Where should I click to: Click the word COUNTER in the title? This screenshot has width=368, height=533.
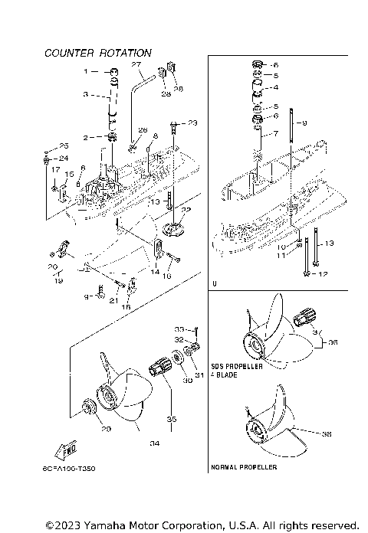click(x=69, y=53)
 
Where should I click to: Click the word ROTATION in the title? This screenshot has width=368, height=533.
click(x=124, y=53)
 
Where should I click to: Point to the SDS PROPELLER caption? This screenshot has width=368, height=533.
click(x=236, y=367)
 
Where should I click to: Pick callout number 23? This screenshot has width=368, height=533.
click(x=192, y=123)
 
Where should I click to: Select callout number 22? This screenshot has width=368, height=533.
click(x=186, y=209)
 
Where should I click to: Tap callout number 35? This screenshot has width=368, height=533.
click(x=172, y=419)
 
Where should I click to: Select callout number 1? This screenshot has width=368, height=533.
click(x=87, y=71)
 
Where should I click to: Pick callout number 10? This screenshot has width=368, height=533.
click(x=282, y=247)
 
